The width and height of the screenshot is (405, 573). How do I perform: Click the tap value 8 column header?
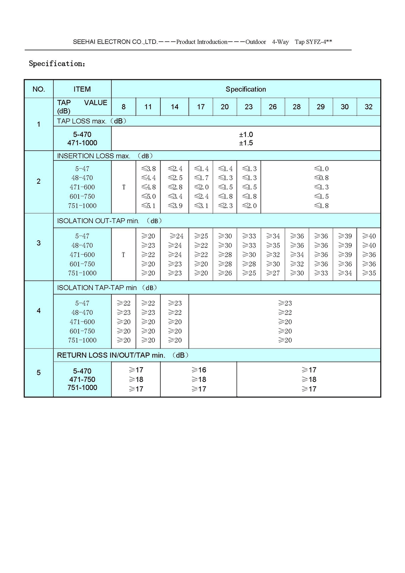(x=124, y=107)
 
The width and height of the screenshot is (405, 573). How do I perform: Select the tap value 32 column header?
(x=369, y=107)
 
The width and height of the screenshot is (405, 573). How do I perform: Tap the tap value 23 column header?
(x=249, y=107)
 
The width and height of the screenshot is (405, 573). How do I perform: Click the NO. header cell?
(x=39, y=89)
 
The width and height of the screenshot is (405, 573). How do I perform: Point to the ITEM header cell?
(x=82, y=89)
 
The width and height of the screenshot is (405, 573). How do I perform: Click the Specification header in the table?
(x=246, y=89)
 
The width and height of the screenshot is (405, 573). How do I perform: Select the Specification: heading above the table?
(x=57, y=64)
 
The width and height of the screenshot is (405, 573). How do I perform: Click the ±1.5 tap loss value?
(x=246, y=143)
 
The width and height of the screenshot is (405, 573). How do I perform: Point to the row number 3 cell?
(x=39, y=243)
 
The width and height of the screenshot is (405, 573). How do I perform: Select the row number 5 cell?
(x=39, y=373)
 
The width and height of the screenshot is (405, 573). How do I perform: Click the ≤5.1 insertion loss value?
(x=148, y=206)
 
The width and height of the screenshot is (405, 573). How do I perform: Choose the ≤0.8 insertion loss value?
(x=321, y=178)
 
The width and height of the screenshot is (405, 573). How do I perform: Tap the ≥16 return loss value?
(x=199, y=370)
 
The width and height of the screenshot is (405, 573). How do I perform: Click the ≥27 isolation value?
(x=273, y=273)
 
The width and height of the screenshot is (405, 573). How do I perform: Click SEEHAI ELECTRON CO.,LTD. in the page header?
(x=115, y=42)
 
